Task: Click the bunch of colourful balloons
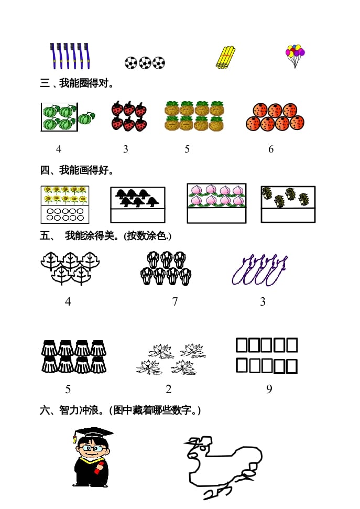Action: (x=295, y=55)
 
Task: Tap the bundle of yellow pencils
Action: (x=226, y=57)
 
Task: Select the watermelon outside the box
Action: (x=86, y=118)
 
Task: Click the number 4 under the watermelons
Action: (x=59, y=149)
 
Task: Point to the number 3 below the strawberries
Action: (x=126, y=149)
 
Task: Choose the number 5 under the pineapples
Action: (x=187, y=149)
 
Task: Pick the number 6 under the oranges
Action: (x=271, y=149)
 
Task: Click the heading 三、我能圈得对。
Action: (x=78, y=83)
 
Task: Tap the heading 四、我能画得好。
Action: (x=78, y=170)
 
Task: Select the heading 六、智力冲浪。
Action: (x=121, y=410)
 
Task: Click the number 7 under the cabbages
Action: (x=175, y=302)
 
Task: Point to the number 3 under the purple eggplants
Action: (x=263, y=302)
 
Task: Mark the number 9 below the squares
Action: (x=269, y=389)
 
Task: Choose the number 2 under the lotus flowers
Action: (x=169, y=389)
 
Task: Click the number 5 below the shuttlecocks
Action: (x=68, y=389)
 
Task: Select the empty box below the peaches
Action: (x=216, y=216)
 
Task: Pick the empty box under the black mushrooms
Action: (x=138, y=215)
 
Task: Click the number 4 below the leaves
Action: (x=68, y=302)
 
